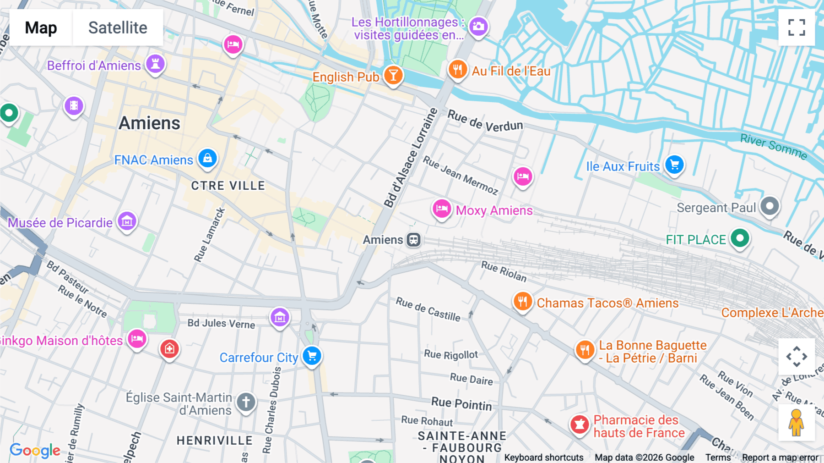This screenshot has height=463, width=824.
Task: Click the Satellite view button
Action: click(x=118, y=28)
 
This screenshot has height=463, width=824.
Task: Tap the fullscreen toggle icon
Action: click(x=797, y=28)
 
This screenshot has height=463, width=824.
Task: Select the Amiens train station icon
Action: click(x=413, y=240)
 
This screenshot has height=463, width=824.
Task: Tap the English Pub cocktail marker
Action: click(x=393, y=75)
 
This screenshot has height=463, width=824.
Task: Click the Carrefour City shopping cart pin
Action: click(x=312, y=356)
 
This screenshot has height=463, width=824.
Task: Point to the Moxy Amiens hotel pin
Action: click(x=442, y=209)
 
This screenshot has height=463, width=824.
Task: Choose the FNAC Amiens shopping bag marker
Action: click(x=207, y=159)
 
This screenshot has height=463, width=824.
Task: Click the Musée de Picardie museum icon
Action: click(x=127, y=221)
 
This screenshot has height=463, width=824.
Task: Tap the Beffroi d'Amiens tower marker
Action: click(x=155, y=64)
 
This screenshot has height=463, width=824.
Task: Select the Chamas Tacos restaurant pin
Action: click(x=522, y=302)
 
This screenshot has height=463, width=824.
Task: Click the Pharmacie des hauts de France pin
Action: click(x=580, y=424)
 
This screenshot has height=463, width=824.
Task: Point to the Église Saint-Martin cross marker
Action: click(x=246, y=402)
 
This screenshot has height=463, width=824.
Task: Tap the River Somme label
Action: click(x=773, y=146)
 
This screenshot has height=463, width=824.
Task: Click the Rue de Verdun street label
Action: click(x=485, y=121)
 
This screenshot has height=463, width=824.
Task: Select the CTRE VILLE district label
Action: click(x=228, y=186)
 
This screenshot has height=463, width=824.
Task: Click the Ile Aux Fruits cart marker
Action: click(x=674, y=165)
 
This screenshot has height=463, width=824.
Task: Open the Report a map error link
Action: click(x=780, y=457)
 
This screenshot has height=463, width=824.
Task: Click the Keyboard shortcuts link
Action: click(x=543, y=457)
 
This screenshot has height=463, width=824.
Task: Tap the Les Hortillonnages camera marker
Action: click(x=478, y=27)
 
